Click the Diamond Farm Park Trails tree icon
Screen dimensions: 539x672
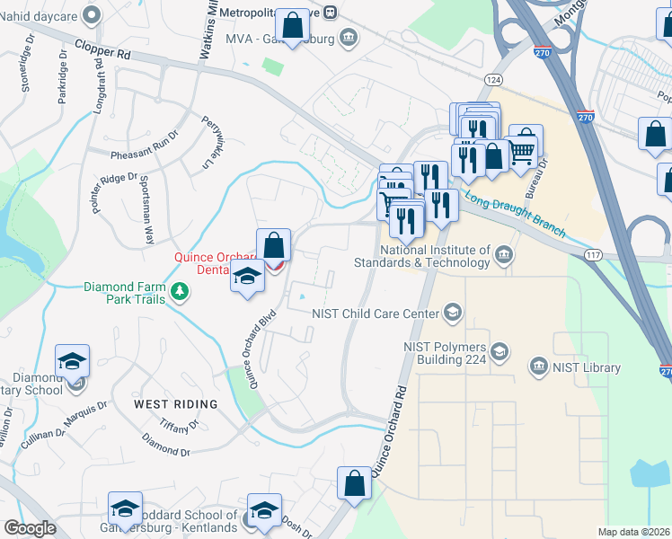coord(181,291)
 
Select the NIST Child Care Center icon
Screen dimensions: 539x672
coord(454,313)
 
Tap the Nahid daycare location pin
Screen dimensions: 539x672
coord(91,13)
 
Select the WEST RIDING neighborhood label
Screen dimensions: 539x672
coord(175,404)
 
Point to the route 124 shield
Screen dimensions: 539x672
coord(492,81)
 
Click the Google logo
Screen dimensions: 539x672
coord(30,528)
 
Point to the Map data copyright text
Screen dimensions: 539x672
coord(633,532)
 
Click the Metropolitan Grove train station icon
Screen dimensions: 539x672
coord(331,12)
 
